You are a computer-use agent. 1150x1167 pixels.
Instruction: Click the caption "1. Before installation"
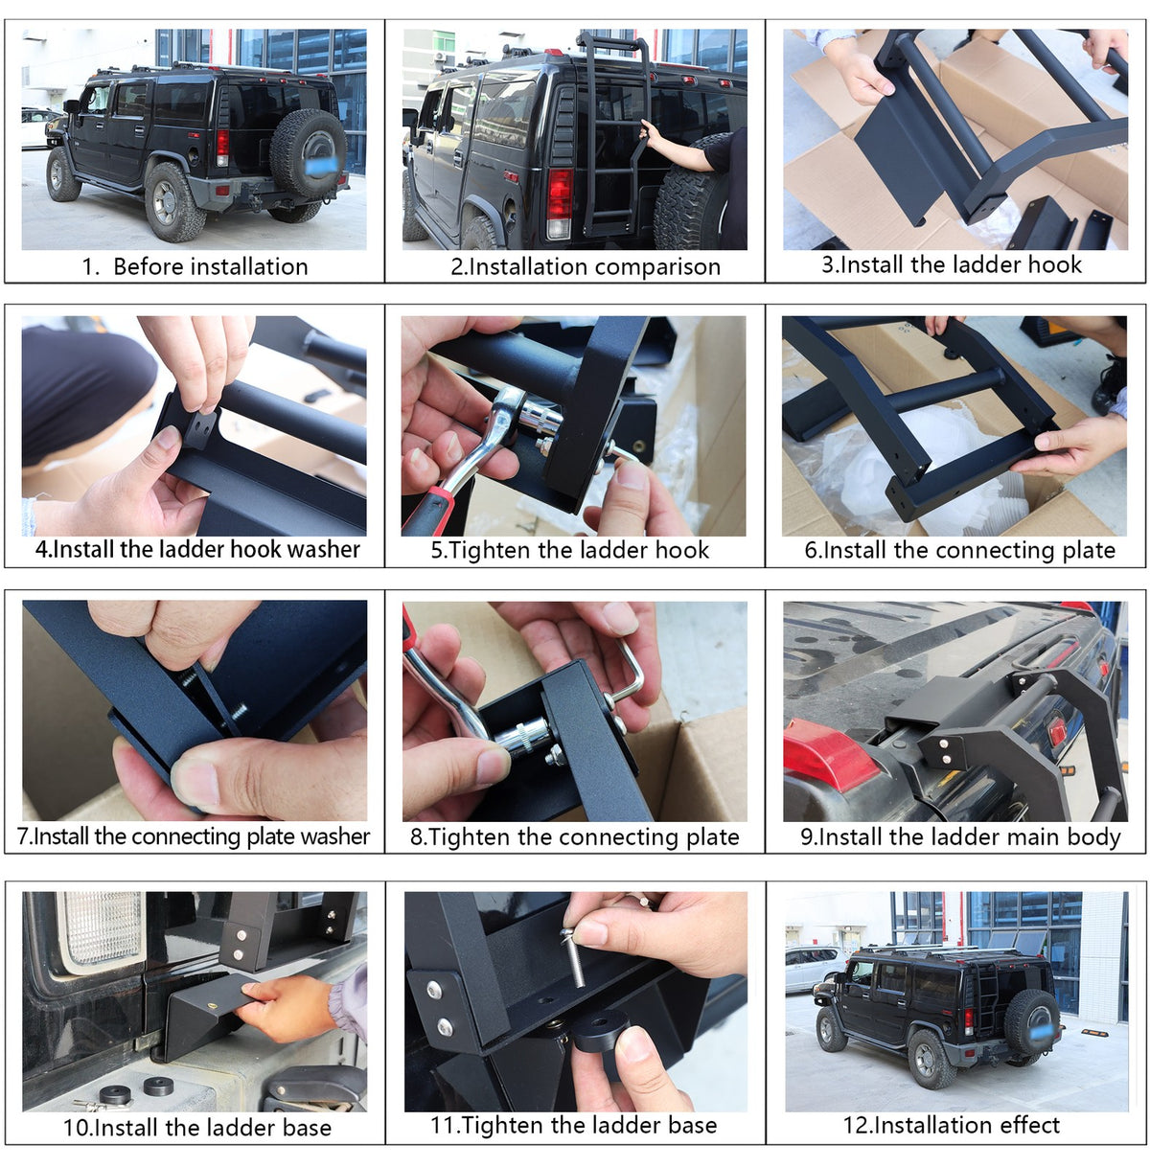click(x=195, y=266)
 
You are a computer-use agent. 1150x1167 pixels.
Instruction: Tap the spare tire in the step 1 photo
click(x=308, y=154)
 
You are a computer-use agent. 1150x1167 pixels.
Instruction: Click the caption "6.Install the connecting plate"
click(x=959, y=550)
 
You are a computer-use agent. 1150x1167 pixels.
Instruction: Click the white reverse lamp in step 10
click(x=102, y=932)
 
